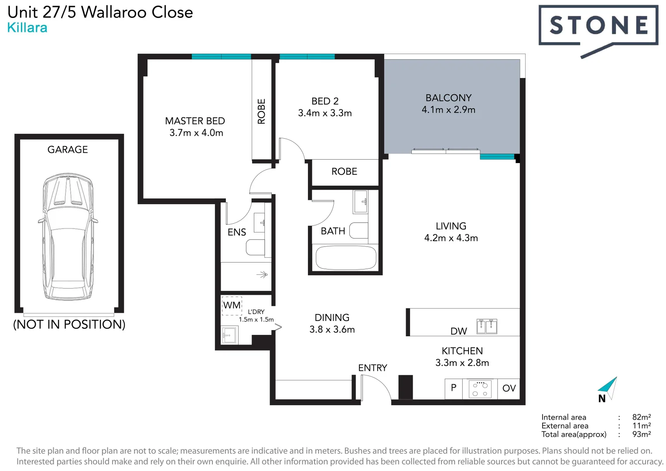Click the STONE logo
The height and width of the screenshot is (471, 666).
tap(598, 26)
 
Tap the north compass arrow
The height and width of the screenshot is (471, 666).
tap(608, 386)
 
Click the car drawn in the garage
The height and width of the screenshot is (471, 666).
tap(68, 237)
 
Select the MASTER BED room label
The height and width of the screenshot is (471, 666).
tap(195, 121)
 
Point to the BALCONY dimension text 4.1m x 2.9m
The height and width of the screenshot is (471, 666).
tap(448, 110)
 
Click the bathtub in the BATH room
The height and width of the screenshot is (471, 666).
tap(345, 258)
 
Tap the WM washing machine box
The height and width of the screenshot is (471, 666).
tap(232, 305)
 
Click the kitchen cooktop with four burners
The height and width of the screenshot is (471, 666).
tap(480, 389)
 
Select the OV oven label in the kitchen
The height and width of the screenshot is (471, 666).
tap(509, 389)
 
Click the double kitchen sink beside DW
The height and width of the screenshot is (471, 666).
tap(486, 326)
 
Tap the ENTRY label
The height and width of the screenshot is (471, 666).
tap(372, 368)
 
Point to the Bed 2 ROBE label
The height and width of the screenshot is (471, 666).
tap(344, 172)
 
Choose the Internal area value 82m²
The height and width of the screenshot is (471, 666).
tap(641, 417)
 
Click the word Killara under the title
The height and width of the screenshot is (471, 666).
tap(27, 28)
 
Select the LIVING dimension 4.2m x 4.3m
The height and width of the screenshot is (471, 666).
tap(451, 238)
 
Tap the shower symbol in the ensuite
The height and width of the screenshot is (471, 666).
tap(262, 275)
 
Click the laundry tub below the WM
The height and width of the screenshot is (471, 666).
tap(229, 335)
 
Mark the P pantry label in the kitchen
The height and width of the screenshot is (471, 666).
tap(454, 388)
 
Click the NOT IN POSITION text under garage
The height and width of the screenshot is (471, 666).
tap(69, 324)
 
